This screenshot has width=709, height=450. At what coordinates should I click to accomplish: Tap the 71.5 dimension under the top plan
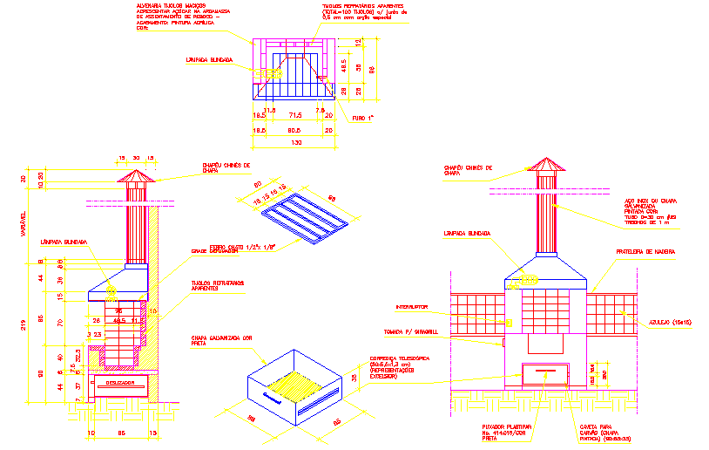[295, 115]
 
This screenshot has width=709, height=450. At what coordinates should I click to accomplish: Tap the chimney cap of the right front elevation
[546, 167]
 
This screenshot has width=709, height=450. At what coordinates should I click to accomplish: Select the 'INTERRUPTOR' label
[413, 307]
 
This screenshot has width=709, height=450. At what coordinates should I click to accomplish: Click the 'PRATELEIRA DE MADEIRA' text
[645, 252]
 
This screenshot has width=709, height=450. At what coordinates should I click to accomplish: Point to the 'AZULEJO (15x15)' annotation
[669, 323]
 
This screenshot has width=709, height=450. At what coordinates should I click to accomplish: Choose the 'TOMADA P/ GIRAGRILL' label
[412, 332]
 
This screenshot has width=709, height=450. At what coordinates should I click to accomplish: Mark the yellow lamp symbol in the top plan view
[260, 75]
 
